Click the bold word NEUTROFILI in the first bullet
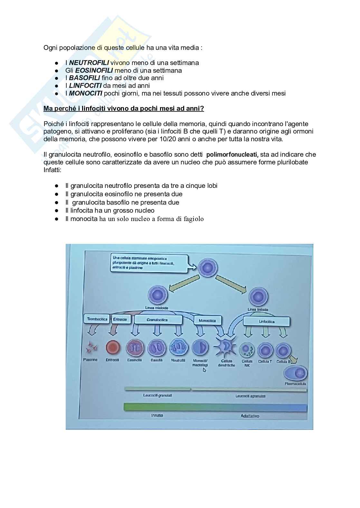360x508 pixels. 89,63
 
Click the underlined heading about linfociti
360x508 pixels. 124,108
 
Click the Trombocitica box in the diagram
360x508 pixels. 97,319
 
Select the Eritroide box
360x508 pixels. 120,319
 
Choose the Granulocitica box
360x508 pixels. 157,320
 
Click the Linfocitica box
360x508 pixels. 267,321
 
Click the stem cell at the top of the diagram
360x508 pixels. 208,268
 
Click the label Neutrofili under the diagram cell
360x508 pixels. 178,360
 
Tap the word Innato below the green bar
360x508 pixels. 157,415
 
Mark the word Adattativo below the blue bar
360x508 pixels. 250,416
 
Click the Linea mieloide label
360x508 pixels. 157,308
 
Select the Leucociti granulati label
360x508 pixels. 158,395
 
